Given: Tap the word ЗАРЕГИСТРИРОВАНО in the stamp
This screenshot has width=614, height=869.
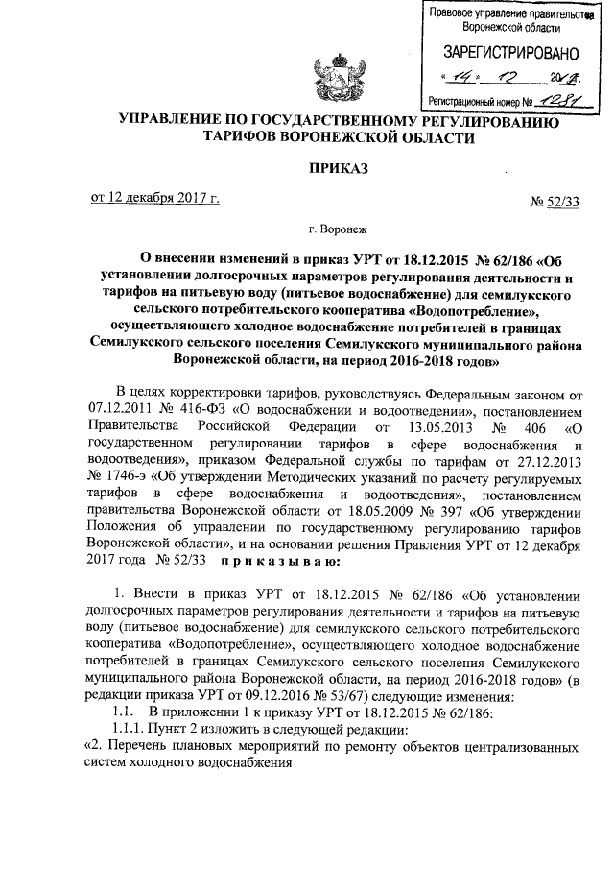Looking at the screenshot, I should (510, 51).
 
